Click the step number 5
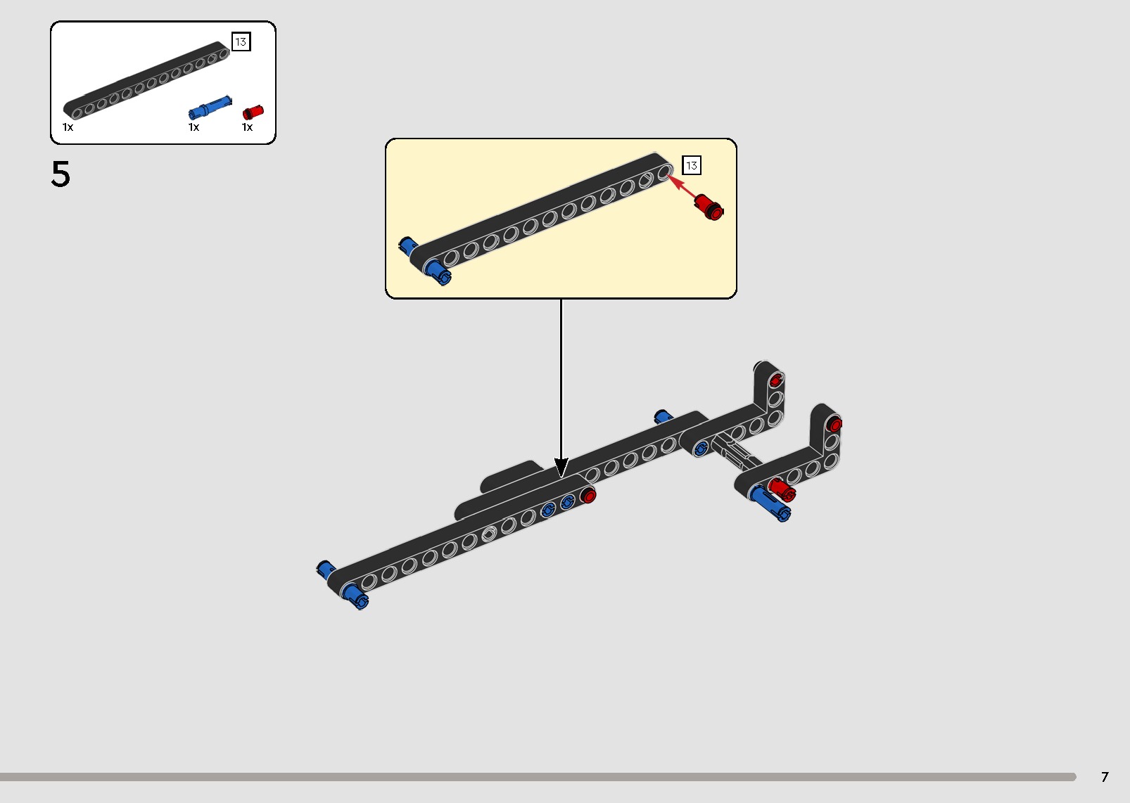[61, 174]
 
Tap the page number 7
[1104, 777]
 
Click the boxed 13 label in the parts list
[241, 42]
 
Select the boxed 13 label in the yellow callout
[692, 165]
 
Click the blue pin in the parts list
[210, 108]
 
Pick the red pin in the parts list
[253, 113]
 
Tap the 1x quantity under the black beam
[68, 127]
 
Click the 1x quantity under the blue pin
[193, 127]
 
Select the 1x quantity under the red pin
[247, 127]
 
